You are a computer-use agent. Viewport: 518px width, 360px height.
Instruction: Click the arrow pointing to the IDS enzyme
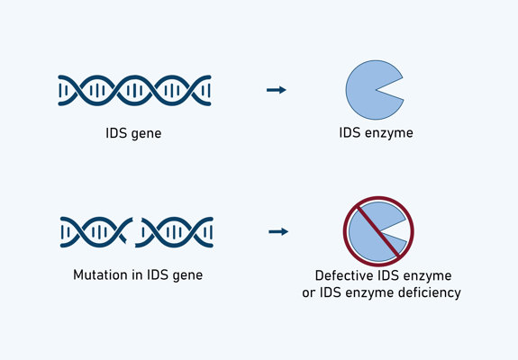(277, 90)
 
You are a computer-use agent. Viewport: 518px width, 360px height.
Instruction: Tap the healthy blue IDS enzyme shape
(368, 90)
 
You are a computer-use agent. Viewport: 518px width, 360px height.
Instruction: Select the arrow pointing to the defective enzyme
(277, 231)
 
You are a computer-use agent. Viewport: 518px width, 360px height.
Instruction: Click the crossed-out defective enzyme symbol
(377, 231)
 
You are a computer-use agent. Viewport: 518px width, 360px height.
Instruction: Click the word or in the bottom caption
(323, 292)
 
